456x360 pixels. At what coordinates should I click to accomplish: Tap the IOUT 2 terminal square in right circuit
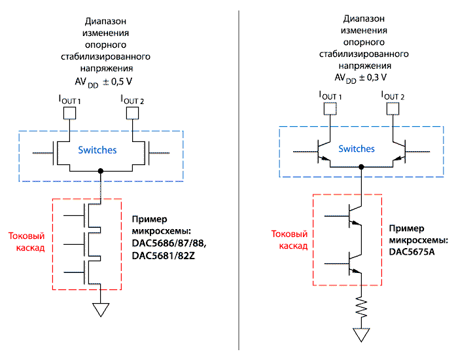tap(394, 107)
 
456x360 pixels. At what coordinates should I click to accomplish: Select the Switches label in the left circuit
tap(97, 150)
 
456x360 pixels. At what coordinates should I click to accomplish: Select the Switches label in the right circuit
tap(357, 149)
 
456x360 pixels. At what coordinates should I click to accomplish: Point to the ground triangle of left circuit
tap(100, 310)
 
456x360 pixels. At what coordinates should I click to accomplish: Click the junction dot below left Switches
tap(100, 171)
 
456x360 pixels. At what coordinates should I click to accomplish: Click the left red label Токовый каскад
tap(26, 242)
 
